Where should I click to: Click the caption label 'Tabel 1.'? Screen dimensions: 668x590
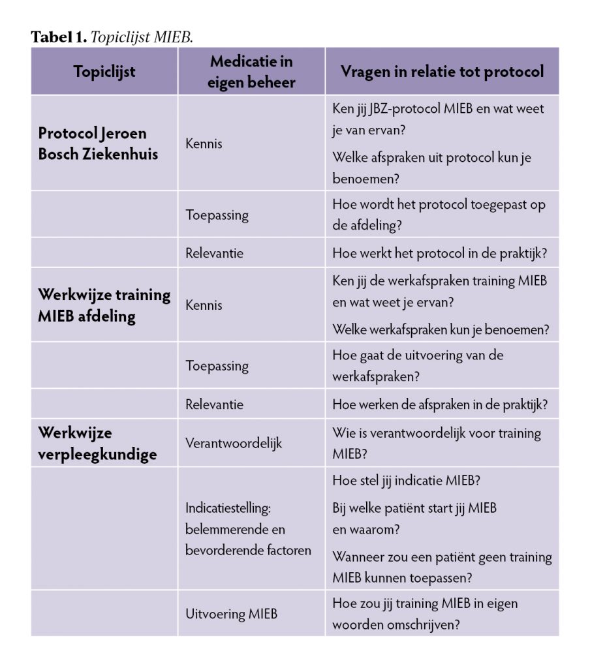pyautogui.click(x=59, y=37)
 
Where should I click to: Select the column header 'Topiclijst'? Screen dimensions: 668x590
pyautogui.click(x=104, y=71)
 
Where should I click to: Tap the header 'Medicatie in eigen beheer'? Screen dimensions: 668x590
pyautogui.click(x=251, y=71)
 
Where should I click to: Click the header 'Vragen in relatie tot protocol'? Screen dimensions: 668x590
pyautogui.click(x=442, y=71)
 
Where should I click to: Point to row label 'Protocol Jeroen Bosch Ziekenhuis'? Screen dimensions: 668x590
pyautogui.click(x=98, y=144)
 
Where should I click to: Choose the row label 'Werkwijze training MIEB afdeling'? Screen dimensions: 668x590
pyautogui.click(x=104, y=305)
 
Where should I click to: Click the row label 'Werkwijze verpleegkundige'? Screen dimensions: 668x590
pyautogui.click(x=97, y=443)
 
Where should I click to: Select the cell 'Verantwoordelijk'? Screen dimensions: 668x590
pyautogui.click(x=234, y=443)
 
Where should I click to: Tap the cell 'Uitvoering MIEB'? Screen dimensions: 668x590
pyautogui.click(x=231, y=613)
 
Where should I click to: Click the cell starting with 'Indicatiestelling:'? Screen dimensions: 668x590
pyautogui.click(x=248, y=528)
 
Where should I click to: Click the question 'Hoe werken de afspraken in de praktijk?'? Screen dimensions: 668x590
pyautogui.click(x=439, y=404)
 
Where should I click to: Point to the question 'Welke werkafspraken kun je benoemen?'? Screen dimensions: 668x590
pyautogui.click(x=441, y=329)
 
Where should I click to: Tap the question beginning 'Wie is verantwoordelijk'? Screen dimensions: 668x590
pyautogui.click(x=436, y=443)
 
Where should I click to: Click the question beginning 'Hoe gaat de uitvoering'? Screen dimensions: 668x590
pyautogui.click(x=418, y=365)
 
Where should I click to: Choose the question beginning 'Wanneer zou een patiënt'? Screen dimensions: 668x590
pyautogui.click(x=442, y=567)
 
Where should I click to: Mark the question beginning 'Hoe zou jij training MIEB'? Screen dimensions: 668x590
pyautogui.click(x=425, y=613)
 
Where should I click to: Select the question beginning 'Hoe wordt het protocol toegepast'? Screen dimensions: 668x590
pyautogui.click(x=439, y=214)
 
